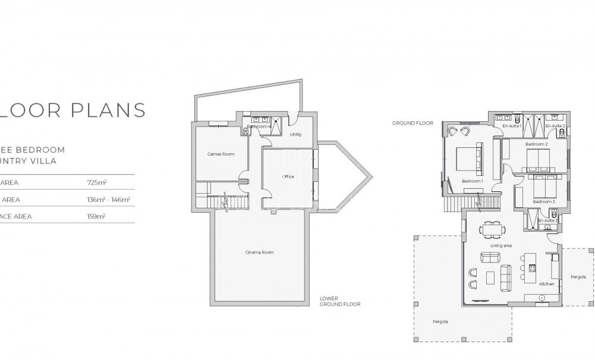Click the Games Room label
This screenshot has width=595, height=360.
(x=220, y=154)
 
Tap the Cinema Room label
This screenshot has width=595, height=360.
(x=259, y=252)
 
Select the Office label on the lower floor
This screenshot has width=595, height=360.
(x=288, y=176)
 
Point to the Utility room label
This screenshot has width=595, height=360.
(x=295, y=134)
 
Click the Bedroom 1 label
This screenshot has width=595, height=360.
(x=473, y=181)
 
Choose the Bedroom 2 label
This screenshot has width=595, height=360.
(x=537, y=144)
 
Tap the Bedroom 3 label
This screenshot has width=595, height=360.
(x=543, y=201)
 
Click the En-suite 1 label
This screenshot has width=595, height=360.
(x=511, y=126)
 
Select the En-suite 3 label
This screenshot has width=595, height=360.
(x=546, y=221)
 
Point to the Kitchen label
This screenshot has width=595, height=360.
(x=546, y=284)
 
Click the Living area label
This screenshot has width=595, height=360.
(x=500, y=245)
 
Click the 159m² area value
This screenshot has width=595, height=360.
(x=96, y=216)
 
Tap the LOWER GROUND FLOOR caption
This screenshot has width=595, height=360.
(x=339, y=301)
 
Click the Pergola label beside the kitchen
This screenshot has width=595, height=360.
(x=578, y=277)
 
